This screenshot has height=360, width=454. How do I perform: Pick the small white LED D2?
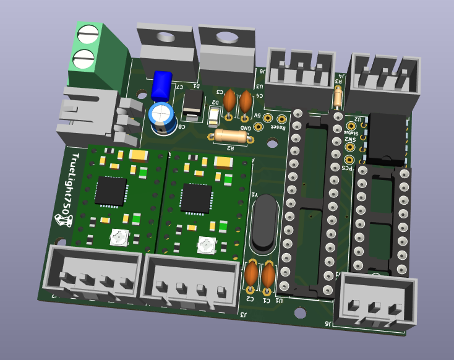point(214,116)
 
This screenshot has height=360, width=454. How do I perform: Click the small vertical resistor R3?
point(337,96)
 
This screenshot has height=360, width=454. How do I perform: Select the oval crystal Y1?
point(265,225)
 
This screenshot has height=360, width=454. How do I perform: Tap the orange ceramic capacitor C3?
point(229,100)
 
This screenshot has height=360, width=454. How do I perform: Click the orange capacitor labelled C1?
point(268,276)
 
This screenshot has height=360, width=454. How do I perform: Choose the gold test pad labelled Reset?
point(282,119)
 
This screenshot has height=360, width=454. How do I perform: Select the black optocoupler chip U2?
point(385,137)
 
